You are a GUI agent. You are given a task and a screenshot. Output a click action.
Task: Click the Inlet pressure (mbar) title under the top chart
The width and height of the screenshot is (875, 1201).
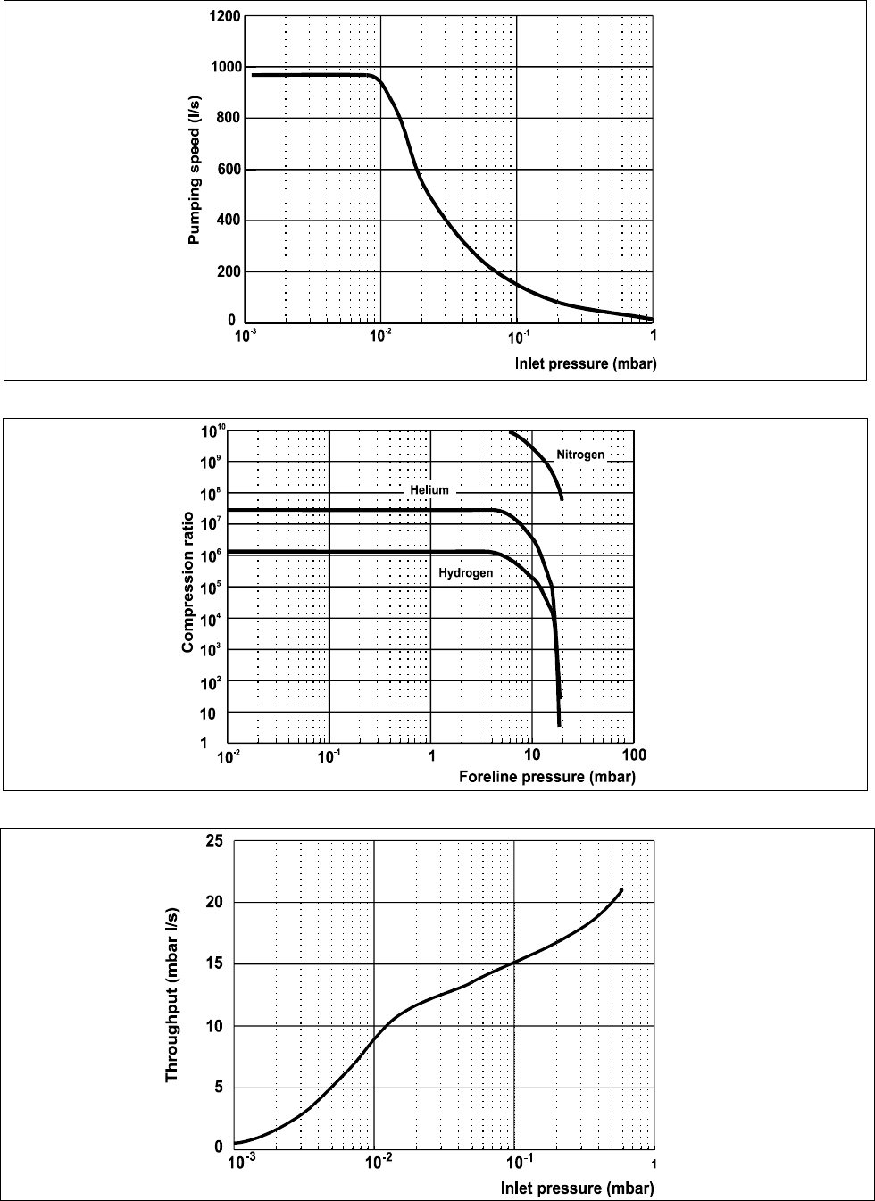coord(586,363)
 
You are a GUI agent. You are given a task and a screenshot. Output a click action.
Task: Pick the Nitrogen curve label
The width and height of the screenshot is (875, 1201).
coord(580,455)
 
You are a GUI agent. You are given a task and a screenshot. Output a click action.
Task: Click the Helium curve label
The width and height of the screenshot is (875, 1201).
coord(429,490)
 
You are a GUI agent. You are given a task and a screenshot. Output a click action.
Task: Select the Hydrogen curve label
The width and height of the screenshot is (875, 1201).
coord(465,572)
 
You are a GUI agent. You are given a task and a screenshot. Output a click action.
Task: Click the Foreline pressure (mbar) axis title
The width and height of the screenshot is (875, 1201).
coord(547,776)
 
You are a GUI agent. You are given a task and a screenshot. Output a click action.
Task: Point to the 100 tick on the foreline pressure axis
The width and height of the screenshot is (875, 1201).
coord(633,755)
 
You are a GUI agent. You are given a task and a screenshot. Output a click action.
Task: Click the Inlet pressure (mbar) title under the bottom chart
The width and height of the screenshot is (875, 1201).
coord(578,1188)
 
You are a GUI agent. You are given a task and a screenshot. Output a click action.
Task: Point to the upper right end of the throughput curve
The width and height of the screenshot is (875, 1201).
coord(621,890)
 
